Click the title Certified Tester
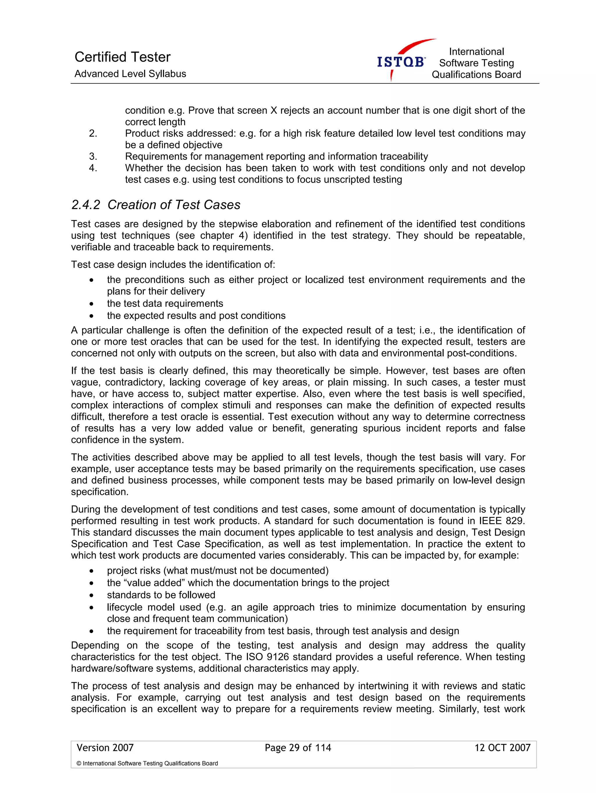pyautogui.click(x=122, y=57)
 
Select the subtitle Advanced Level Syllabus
pyautogui.click(x=130, y=74)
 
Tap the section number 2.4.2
pyautogui.click(x=86, y=205)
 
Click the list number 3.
pyautogui.click(x=93, y=156)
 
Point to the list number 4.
pyautogui.click(x=93, y=168)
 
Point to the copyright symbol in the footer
pyautogui.click(x=79, y=763)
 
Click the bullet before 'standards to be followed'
pyautogui.click(x=92, y=595)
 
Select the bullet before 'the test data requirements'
pyautogui.click(x=92, y=304)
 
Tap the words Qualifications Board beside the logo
pyautogui.click(x=476, y=74)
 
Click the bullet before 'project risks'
pyautogui.click(x=92, y=571)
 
